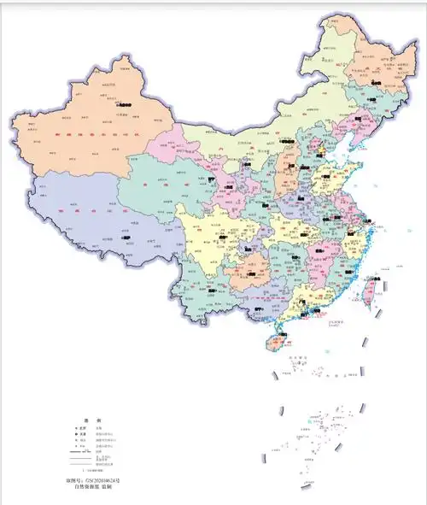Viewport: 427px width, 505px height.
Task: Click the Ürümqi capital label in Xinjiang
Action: [125, 104]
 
